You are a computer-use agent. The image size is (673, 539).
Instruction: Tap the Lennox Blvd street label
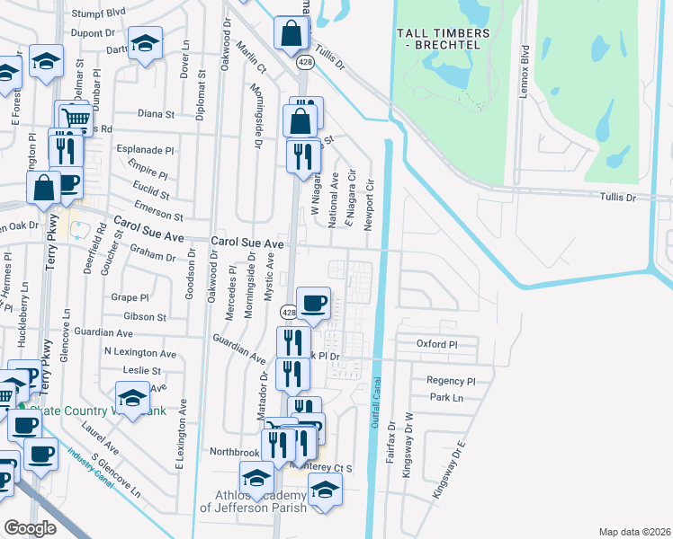pyautogui.click(x=523, y=61)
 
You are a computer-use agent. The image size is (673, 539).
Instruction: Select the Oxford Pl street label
pyautogui.click(x=437, y=344)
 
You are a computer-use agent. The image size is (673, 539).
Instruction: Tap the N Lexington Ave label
pyautogui.click(x=140, y=353)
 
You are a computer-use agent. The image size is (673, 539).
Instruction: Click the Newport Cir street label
pyautogui.click(x=369, y=202)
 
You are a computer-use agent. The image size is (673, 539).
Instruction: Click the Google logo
pyautogui.click(x=30, y=527)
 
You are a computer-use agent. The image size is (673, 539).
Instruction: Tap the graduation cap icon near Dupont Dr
pyautogui.click(x=144, y=44)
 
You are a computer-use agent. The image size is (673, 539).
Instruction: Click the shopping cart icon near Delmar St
pyautogui.click(x=77, y=119)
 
